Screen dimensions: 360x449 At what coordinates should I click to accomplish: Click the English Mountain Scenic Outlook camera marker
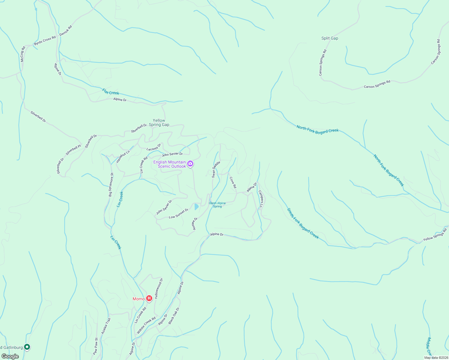click(x=190, y=164)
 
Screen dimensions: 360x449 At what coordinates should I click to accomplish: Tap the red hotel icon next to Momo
click(x=149, y=298)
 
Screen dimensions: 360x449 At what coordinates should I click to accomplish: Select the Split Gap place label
click(x=330, y=38)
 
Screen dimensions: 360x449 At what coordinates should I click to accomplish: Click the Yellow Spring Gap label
click(x=159, y=122)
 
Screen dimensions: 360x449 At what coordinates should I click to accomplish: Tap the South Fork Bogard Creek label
click(x=303, y=223)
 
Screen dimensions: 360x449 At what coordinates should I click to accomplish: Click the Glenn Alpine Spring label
click(x=217, y=205)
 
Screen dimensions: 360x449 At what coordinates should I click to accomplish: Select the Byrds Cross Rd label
click(x=45, y=41)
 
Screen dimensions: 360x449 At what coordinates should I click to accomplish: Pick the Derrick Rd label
click(x=66, y=31)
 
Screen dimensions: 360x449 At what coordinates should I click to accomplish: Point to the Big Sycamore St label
click(x=111, y=184)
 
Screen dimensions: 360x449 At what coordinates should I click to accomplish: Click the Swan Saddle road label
click(x=216, y=169)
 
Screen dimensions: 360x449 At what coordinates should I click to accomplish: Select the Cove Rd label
click(x=233, y=182)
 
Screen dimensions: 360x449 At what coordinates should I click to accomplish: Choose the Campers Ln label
click(x=261, y=199)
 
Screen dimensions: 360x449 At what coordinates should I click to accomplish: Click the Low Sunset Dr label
click(x=179, y=213)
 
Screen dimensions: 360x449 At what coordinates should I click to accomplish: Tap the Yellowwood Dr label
click(x=159, y=288)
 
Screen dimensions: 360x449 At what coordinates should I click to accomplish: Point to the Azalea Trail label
click(x=106, y=326)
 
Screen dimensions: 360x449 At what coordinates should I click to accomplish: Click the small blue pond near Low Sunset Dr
click(x=197, y=207)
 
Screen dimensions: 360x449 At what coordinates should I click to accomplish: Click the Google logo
click(x=10, y=356)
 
